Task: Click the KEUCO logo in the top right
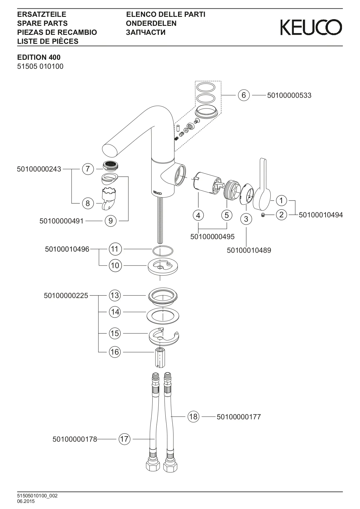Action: (311, 27)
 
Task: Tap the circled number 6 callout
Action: (244, 95)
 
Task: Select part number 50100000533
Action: (289, 95)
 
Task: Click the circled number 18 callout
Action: (193, 417)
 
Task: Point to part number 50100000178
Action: (75, 439)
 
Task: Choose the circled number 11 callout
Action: (115, 249)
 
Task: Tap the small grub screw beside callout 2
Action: (263, 215)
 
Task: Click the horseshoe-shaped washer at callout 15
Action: (164, 335)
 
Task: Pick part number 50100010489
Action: (249, 250)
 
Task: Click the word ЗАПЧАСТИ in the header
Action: (146, 32)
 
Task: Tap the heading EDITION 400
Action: (39, 57)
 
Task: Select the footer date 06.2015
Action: (26, 501)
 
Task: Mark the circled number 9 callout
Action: (111, 221)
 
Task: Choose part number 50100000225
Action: (66, 295)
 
